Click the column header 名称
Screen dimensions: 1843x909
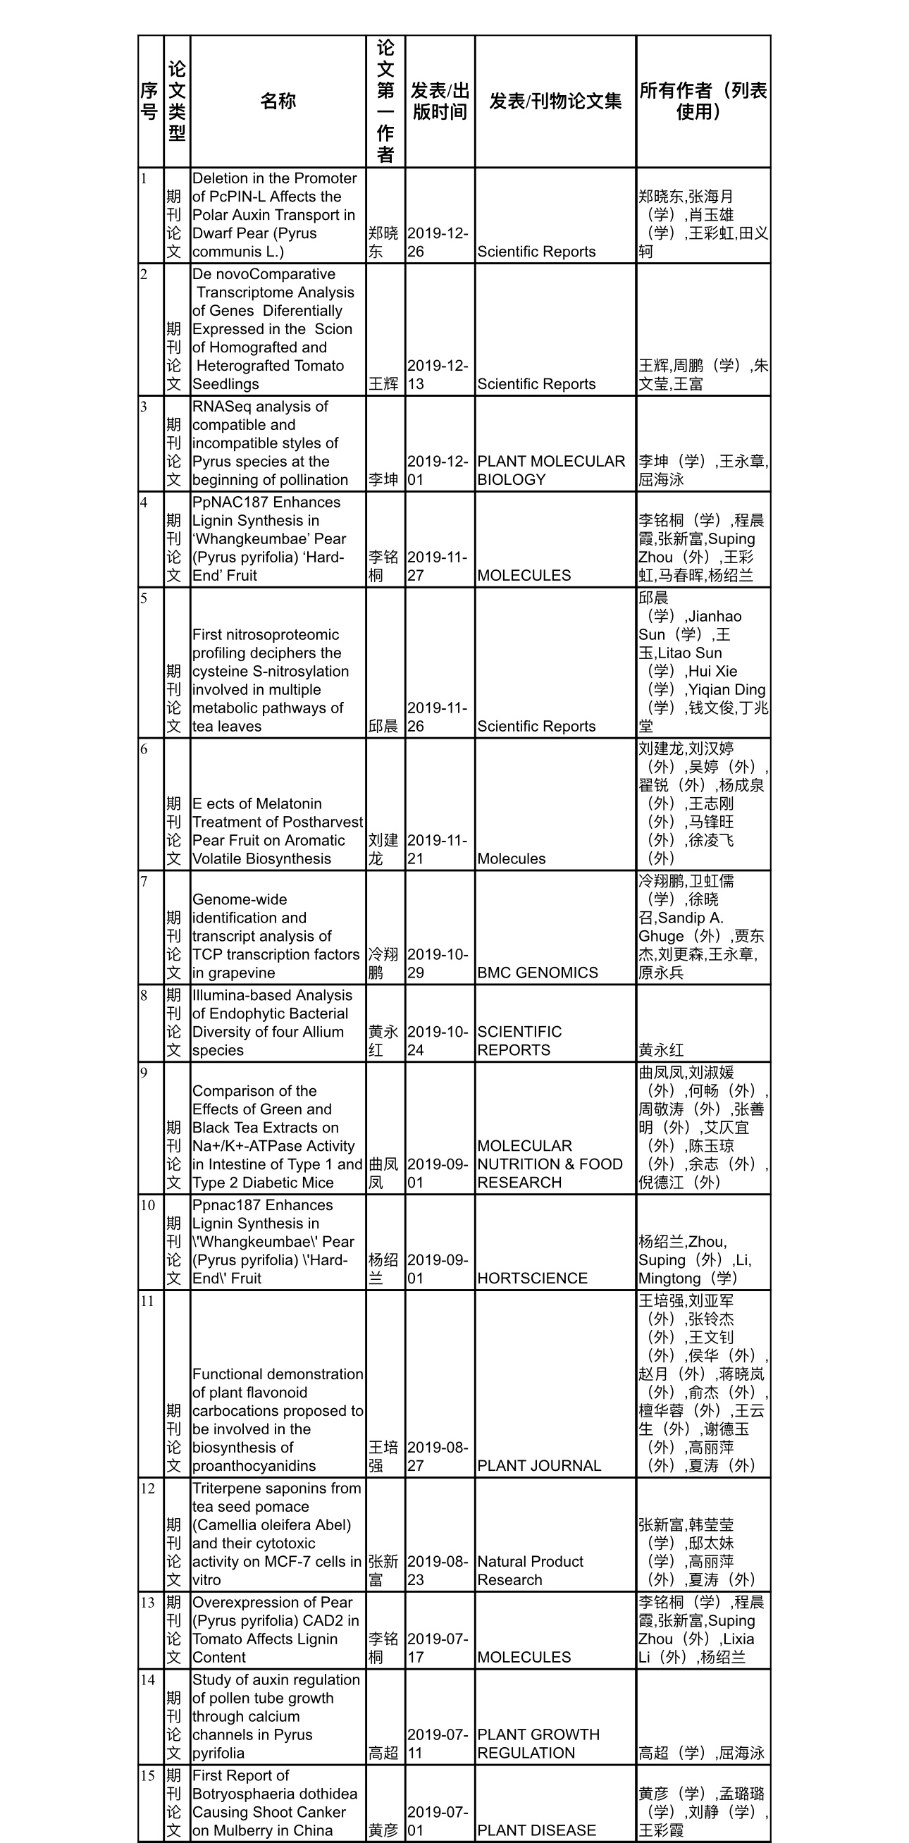pyautogui.click(x=278, y=101)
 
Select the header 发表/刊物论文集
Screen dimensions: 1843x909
pyautogui.click(x=555, y=101)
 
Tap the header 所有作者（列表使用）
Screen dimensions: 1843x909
pyautogui.click(x=703, y=101)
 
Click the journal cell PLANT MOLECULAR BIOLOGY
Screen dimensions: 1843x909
pyautogui.click(x=551, y=471)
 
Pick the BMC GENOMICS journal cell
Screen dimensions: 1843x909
pyautogui.click(x=537, y=973)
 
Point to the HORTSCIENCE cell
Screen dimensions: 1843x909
pyautogui.click(x=532, y=1278)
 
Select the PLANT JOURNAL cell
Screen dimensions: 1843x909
pyautogui.click(x=538, y=1466)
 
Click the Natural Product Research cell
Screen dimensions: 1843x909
pyautogui.click(x=530, y=1570)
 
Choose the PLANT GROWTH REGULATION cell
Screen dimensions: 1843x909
pyautogui.click(x=538, y=1744)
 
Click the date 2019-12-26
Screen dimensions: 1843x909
pyautogui.click(x=438, y=242)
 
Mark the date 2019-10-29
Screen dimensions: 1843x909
pyautogui.click(x=438, y=963)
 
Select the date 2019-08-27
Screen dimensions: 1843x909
pyautogui.click(x=438, y=1457)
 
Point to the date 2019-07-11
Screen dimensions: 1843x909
pyautogui.click(x=438, y=1744)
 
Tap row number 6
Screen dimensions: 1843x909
pyautogui.click(x=144, y=749)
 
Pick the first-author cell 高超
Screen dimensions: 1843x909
pyautogui.click(x=384, y=1753)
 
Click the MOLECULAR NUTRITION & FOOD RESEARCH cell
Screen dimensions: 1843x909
pyautogui.click(x=549, y=1164)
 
